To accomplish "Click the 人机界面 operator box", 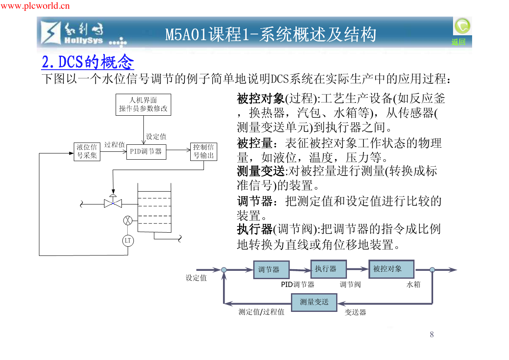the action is (x=143, y=105).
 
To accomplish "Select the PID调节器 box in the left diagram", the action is (x=146, y=152).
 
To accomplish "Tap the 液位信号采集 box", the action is (x=87, y=152).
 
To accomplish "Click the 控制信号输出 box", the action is (x=204, y=152).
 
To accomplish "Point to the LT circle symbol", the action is (x=128, y=241).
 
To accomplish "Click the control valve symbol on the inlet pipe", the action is (x=113, y=202).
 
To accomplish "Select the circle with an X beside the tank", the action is (x=128, y=221).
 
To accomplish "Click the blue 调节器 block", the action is (x=271, y=270).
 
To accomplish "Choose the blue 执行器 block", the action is (x=329, y=269).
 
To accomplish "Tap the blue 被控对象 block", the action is (x=391, y=269).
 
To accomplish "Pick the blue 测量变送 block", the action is (x=314, y=302).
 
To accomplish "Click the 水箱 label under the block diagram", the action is (x=413, y=285).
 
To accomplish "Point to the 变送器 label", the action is (x=355, y=312).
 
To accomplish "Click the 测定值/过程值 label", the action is (x=261, y=312).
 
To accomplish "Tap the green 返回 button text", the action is (x=458, y=42).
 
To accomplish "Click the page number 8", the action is (x=432, y=335).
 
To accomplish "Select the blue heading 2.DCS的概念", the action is (x=88, y=62).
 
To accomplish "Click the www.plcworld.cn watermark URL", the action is (x=35, y=6).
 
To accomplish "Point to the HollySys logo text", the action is (x=84, y=41).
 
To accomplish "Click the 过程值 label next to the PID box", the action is (x=114, y=145).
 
